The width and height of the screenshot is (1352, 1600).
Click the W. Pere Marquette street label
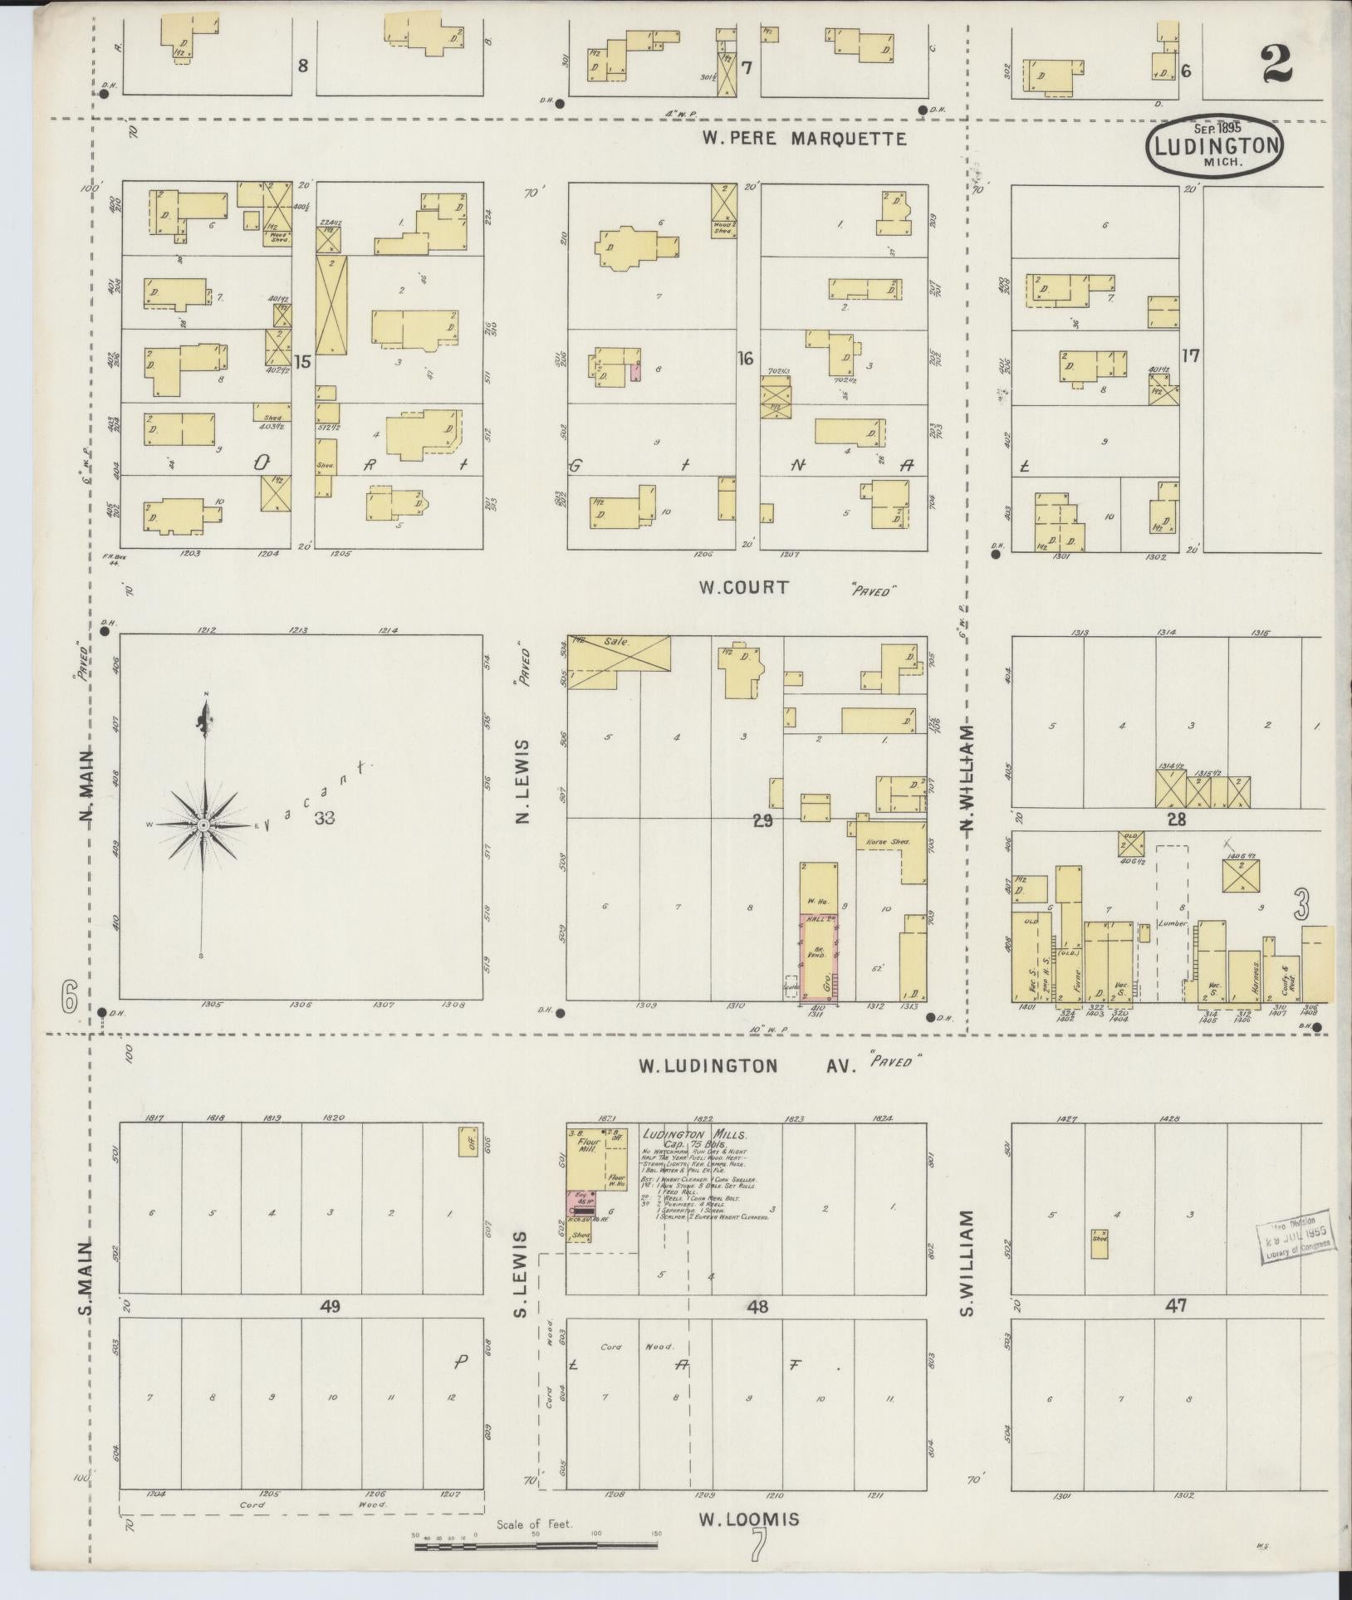coord(803,139)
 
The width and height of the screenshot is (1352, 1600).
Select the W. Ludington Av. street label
coord(778,1065)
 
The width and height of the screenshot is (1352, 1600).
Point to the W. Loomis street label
coord(750,1519)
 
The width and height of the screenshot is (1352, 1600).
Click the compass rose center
coord(203,825)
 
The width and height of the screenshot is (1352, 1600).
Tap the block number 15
coord(302,361)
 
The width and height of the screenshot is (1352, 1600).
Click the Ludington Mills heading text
coord(694,1134)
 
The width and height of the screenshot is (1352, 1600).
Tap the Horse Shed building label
coord(888,841)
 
